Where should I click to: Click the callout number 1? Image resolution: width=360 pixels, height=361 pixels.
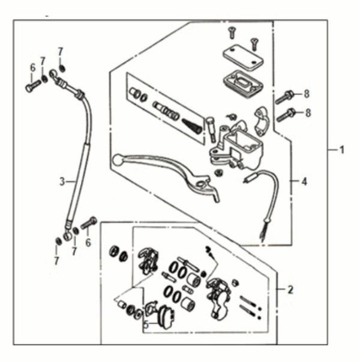[x=342, y=150]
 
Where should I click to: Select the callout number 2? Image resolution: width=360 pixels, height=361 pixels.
[x=290, y=290]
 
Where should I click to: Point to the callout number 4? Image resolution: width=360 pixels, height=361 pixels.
[x=304, y=181]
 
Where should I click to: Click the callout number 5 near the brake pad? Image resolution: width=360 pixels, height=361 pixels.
[x=145, y=323]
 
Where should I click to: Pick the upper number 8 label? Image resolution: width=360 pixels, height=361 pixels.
[x=307, y=94]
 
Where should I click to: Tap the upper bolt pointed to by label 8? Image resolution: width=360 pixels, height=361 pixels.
[x=284, y=97]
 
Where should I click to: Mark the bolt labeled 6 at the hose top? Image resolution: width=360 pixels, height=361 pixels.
[x=32, y=88]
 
